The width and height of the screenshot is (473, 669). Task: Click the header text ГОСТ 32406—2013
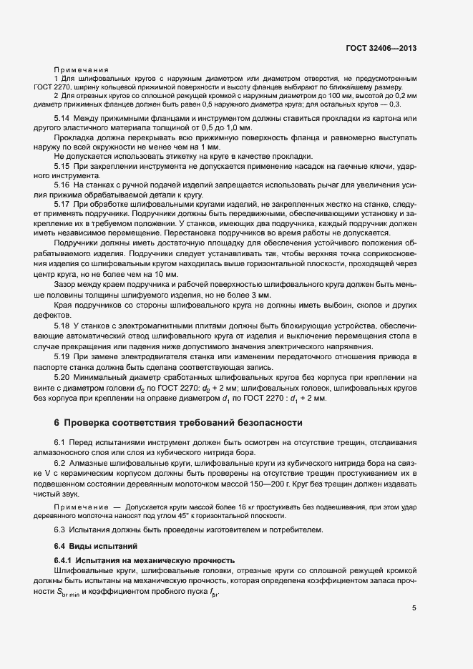click(380, 49)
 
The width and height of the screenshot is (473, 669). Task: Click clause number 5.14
click(62, 117)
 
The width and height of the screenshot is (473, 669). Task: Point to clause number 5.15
click(62, 166)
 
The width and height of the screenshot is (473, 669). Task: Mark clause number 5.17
click(62, 205)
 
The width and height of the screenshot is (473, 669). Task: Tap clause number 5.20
click(62, 377)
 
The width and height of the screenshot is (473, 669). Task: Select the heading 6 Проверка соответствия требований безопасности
click(178, 423)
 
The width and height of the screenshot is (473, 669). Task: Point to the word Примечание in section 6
click(79, 507)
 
